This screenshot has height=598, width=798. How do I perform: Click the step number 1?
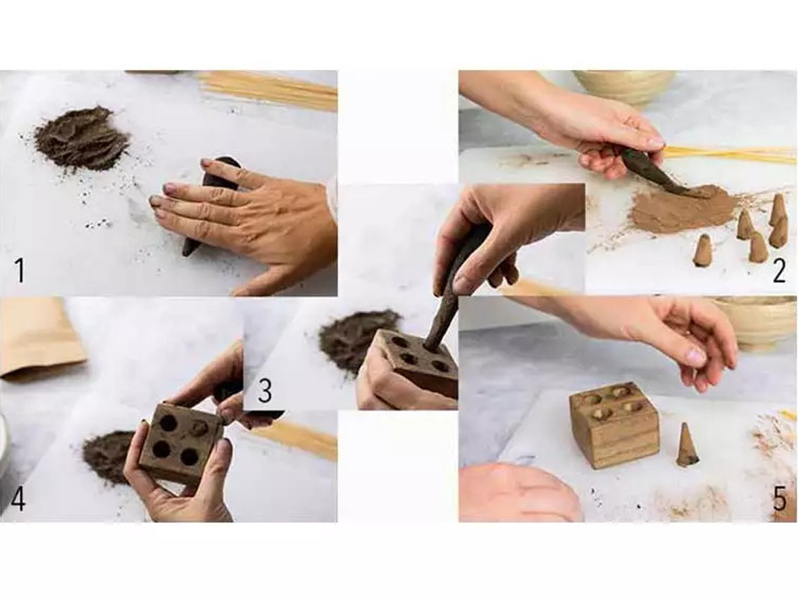pyautogui.click(x=19, y=271)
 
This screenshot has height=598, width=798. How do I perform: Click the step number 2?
pyautogui.click(x=779, y=271)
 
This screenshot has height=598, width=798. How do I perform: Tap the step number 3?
pyautogui.click(x=265, y=391)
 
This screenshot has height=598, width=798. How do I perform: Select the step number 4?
pyautogui.click(x=18, y=498)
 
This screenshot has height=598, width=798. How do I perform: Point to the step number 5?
pyautogui.click(x=779, y=499)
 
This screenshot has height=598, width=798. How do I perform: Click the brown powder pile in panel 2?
pyautogui.click(x=683, y=209)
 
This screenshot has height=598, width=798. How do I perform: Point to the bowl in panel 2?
pyautogui.click(x=624, y=86)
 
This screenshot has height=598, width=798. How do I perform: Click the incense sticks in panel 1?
pyautogui.click(x=269, y=90)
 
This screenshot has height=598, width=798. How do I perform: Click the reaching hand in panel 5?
pyautogui.click(x=678, y=331)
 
